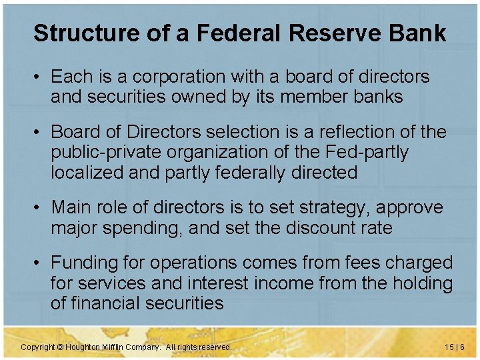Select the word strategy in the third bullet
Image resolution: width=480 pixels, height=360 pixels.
click(329, 207)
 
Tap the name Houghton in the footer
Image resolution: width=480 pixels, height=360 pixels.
click(83, 347)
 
